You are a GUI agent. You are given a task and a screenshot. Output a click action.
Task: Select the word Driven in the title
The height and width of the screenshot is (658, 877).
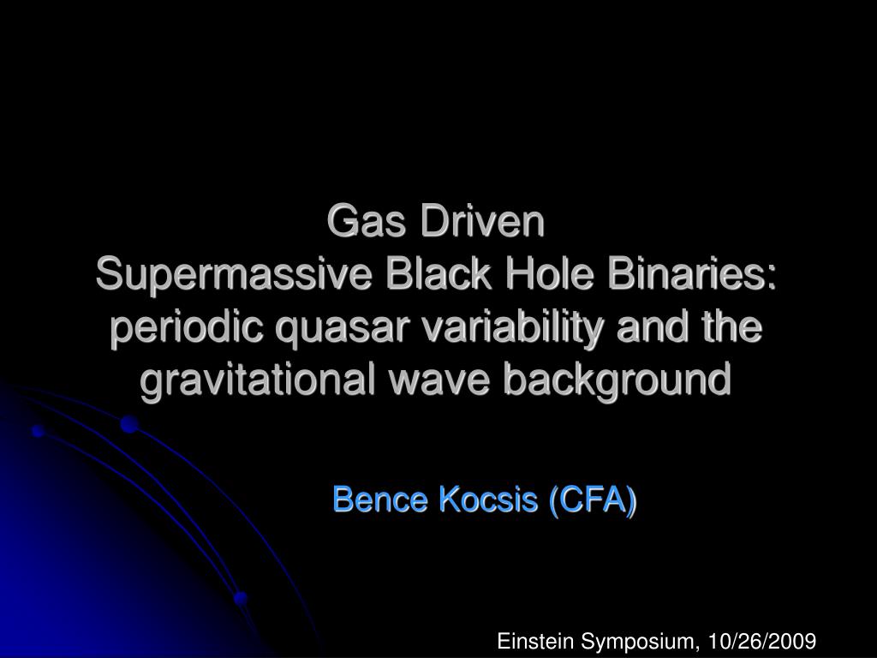(483, 221)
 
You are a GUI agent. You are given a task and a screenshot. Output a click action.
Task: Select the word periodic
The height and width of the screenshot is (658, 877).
(187, 328)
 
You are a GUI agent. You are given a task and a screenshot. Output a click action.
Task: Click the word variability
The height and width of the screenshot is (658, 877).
(512, 328)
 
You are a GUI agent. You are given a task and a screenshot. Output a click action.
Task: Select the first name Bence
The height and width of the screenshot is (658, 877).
(380, 499)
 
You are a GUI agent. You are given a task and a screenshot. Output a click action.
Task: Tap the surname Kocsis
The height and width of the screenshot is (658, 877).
(487, 499)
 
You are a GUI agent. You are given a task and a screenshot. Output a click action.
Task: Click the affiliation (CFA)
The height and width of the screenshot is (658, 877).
(593, 499)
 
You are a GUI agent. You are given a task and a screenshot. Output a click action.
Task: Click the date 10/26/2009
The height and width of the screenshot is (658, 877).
(762, 641)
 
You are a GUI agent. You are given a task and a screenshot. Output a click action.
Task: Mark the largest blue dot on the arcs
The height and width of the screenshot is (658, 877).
(129, 424)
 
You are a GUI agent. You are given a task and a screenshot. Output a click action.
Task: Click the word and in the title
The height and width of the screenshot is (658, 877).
(652, 326)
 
